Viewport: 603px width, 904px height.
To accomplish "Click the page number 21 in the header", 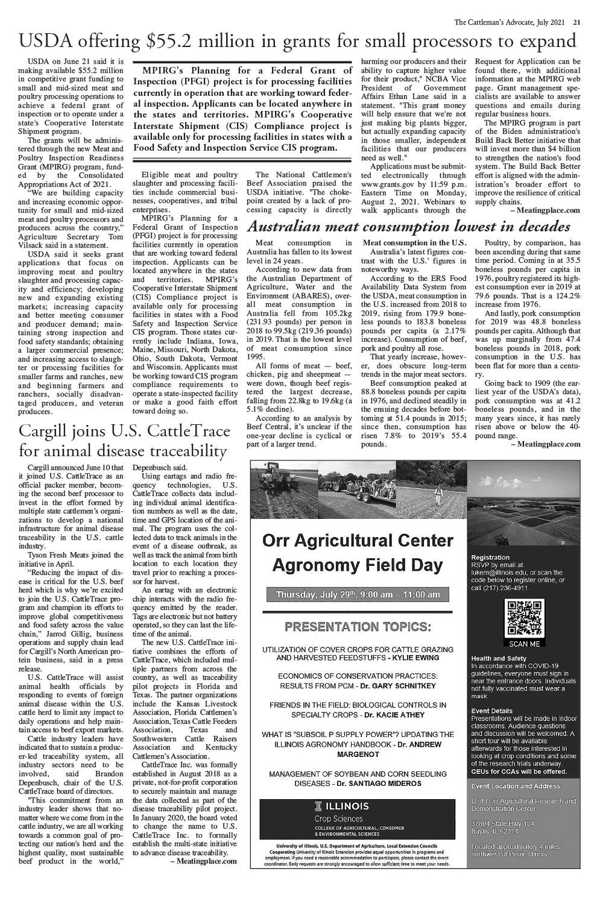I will [577, 23].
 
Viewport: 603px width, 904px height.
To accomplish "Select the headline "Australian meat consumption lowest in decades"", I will [409, 227].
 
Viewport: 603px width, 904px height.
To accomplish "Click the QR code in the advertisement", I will [520, 618].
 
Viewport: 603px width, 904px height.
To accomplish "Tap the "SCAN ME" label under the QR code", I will [520, 644].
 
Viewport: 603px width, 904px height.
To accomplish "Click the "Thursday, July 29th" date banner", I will [358, 595].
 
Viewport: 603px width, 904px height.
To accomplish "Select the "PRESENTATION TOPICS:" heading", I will [358, 627].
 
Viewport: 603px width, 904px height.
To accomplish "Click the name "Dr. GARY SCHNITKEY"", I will [397, 686].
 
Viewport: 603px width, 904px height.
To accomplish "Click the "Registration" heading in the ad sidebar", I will [490, 557].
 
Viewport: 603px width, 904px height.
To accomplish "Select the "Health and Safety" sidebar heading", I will [499, 658].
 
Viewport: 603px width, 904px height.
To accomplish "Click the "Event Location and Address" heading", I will [516, 786].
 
